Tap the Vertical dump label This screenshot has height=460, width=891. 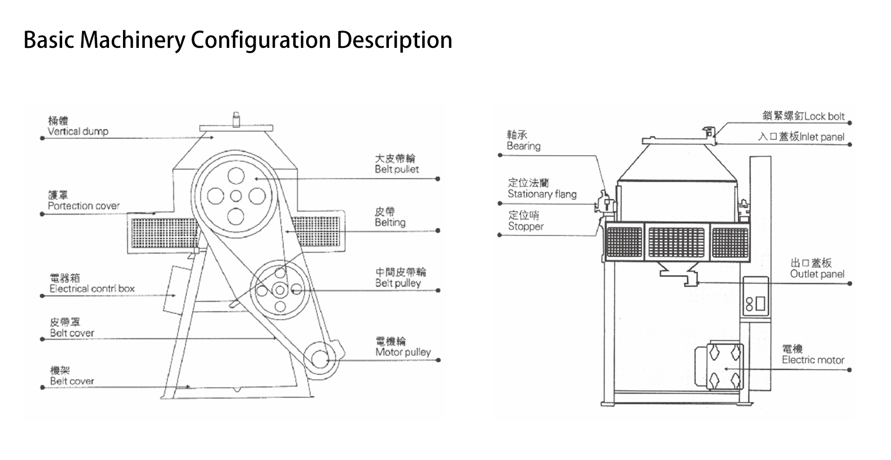coord(77,131)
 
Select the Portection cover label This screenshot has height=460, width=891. coord(84,206)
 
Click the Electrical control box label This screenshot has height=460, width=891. coord(92,289)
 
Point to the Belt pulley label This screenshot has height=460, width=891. coord(398,283)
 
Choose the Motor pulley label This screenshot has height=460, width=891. coord(403,352)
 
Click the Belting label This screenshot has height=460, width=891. coord(390,223)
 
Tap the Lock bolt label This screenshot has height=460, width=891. coord(824,117)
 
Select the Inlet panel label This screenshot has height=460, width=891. coord(821,137)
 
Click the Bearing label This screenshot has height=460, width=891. coord(523,146)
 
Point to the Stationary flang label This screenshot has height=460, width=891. coord(542,194)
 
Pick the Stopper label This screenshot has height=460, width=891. coord(525,227)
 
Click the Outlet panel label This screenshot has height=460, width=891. coord(817,274)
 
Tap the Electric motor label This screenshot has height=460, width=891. coord(813,360)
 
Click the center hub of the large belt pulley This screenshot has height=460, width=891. coord(236,196)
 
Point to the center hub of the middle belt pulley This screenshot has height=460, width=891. coord(280,290)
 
